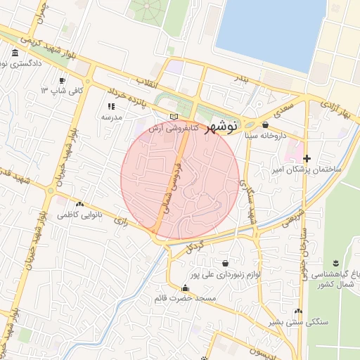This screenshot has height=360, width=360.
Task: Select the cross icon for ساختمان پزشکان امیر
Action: coord(307,159)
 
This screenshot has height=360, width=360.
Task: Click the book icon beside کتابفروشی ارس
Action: coord(174,117)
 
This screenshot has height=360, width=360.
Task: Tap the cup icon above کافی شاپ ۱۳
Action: coord(62,81)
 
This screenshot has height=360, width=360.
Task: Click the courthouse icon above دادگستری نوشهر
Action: coord(15,53)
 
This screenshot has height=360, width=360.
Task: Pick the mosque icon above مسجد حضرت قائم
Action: coord(185,288)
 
